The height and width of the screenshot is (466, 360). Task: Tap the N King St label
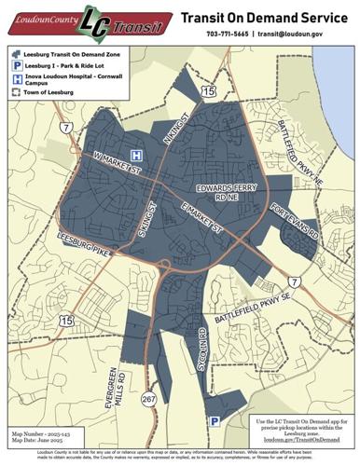point(175,129)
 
